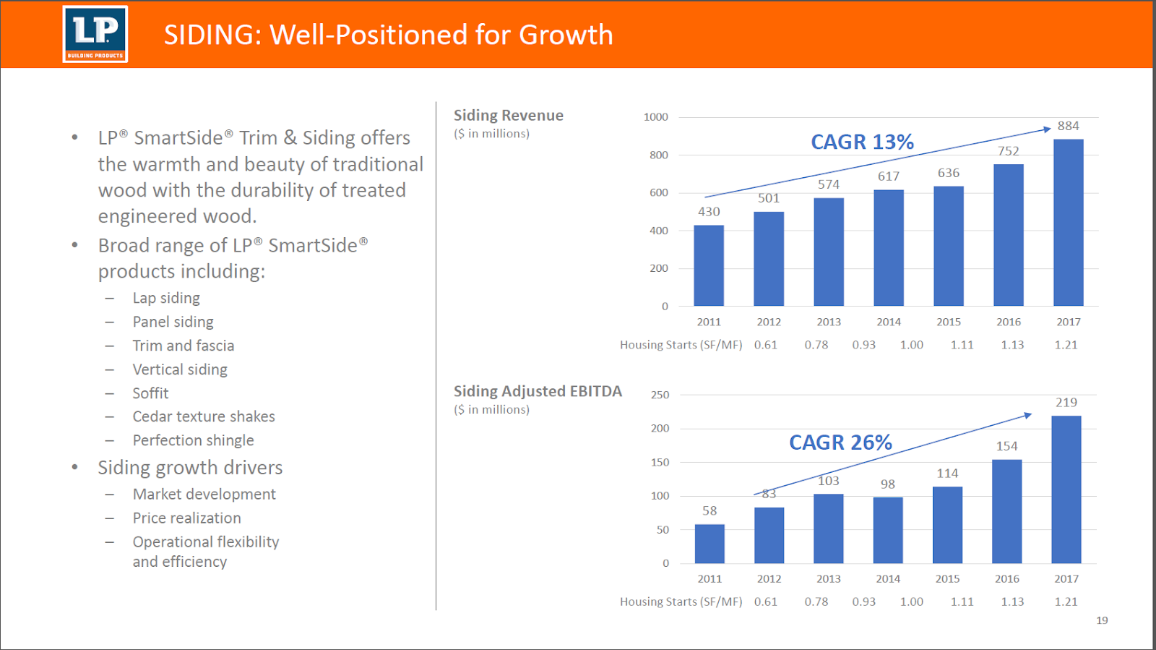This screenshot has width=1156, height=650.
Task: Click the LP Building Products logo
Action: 95,34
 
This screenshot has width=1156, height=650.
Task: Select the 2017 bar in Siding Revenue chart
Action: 1068,223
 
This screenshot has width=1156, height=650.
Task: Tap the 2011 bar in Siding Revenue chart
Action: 708,265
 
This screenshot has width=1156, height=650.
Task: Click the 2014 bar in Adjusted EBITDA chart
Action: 887,530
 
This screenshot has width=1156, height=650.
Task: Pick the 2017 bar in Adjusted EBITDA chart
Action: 1066,489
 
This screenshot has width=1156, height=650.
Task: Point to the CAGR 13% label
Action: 862,142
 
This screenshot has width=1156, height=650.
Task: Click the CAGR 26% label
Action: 840,442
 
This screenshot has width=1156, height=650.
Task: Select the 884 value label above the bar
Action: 1068,126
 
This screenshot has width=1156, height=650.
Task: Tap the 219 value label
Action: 1066,403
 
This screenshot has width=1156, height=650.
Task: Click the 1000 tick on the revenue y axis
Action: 656,117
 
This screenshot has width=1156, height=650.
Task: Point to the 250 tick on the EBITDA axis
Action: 660,395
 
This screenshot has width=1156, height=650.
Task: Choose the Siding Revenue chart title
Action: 508,116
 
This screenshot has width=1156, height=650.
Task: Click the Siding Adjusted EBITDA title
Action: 538,391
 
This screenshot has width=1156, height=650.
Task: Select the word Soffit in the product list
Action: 150,393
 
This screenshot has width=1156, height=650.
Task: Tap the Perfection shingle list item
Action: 193,440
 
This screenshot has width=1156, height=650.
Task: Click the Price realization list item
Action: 186,518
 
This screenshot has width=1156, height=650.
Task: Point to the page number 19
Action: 1102,620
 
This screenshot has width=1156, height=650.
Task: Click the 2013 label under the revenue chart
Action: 829,322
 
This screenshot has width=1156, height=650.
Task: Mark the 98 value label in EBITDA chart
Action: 887,484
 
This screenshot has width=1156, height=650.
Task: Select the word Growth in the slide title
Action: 566,35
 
